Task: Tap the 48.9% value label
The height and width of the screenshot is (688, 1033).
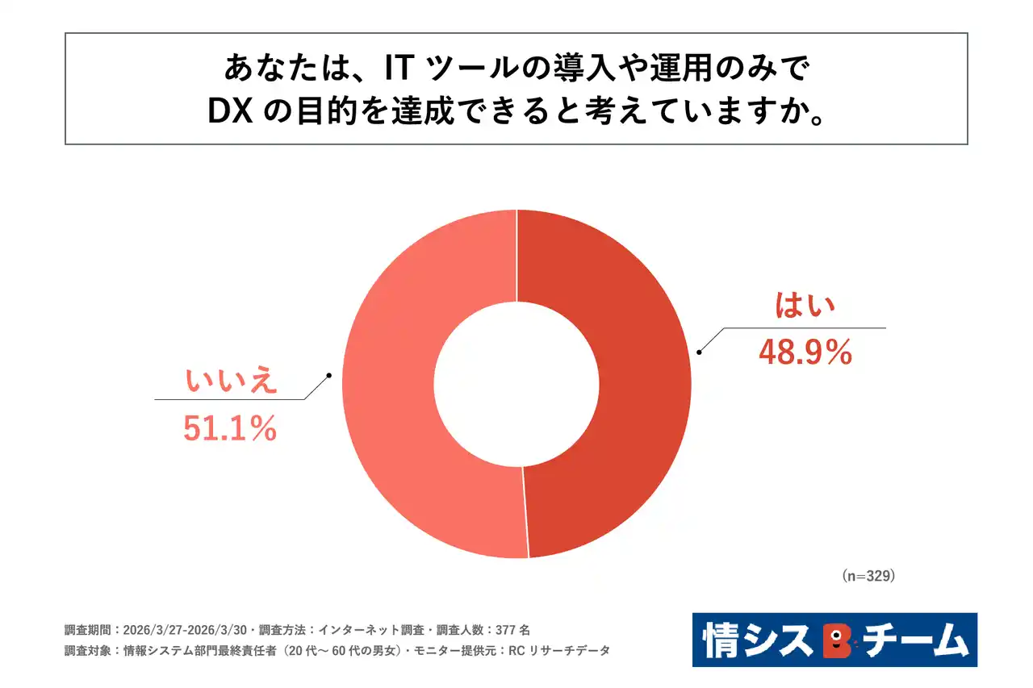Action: click(x=805, y=352)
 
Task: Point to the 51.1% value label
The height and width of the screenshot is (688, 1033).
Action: click(x=230, y=428)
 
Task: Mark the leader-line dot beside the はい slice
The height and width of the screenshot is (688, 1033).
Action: click(x=699, y=352)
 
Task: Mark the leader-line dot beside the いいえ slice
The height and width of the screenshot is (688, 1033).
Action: click(x=329, y=375)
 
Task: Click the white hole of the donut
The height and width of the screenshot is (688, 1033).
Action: click(x=516, y=383)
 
